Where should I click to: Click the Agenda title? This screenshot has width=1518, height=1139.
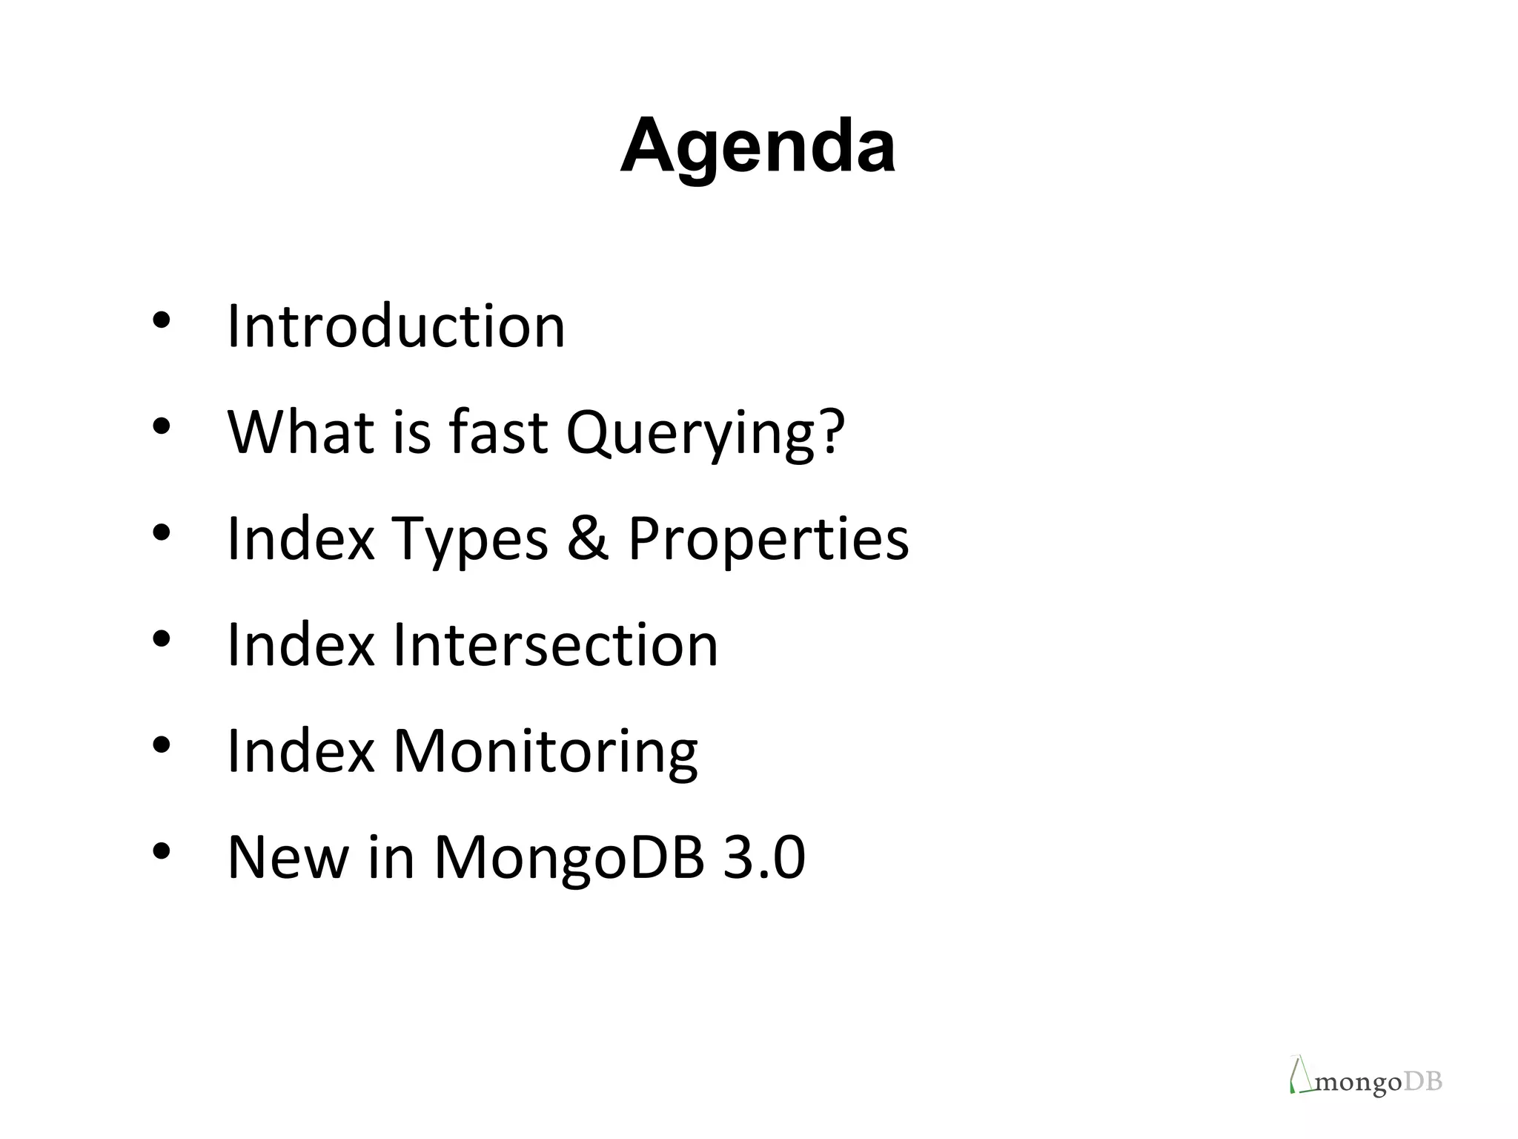tap(758, 146)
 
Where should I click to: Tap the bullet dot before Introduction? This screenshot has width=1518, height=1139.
tap(162, 320)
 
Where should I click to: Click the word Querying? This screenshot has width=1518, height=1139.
tap(705, 432)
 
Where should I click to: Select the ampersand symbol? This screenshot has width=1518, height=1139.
tap(587, 538)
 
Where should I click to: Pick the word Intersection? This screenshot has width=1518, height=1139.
tap(555, 645)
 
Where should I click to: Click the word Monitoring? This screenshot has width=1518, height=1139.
tap(545, 752)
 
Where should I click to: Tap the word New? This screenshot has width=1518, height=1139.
tap(288, 857)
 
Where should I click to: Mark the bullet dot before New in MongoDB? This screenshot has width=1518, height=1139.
tap(162, 851)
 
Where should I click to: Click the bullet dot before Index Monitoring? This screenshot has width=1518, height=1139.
tap(162, 745)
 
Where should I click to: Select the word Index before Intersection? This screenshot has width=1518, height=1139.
tap(300, 645)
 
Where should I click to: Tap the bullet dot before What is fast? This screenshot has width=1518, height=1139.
tap(162, 426)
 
